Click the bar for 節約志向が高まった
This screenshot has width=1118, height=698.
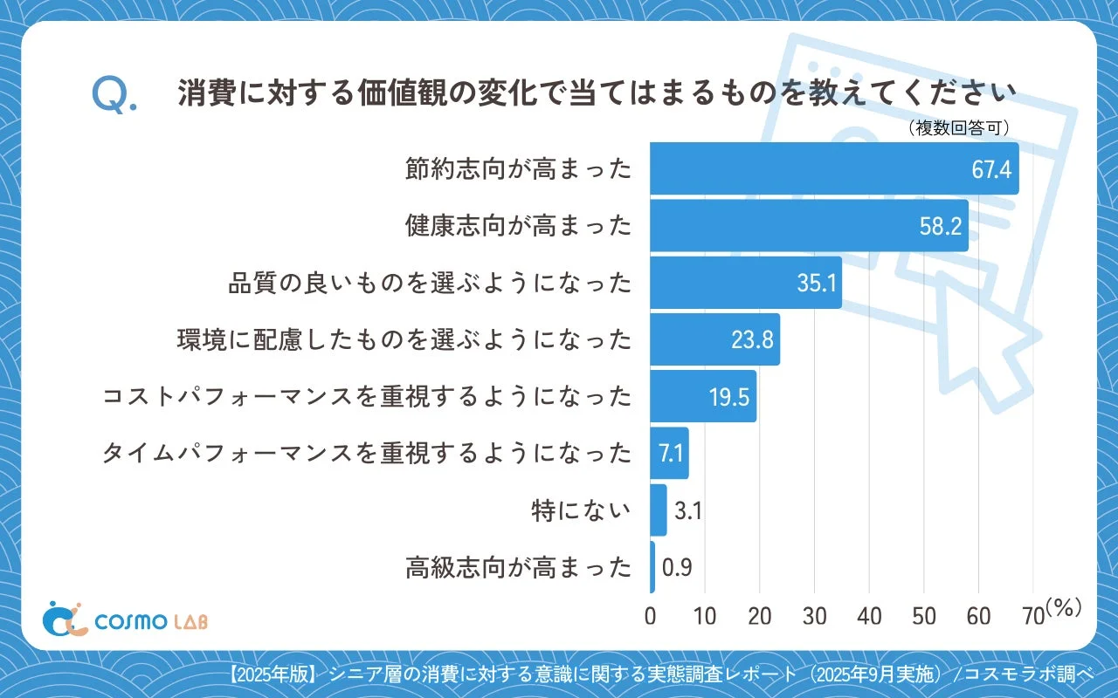tap(834, 168)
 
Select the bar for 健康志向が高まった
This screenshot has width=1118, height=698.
tap(809, 225)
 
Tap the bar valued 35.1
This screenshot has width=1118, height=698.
tap(746, 283)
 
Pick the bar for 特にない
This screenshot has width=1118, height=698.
tap(658, 510)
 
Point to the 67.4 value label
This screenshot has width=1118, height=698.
tap(991, 169)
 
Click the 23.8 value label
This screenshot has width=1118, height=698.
tap(752, 339)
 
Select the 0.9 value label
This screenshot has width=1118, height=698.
tap(678, 568)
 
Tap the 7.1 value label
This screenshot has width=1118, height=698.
tap(669, 454)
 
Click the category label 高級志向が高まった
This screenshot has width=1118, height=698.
tap(518, 568)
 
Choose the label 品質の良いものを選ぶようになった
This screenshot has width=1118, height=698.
tap(430, 283)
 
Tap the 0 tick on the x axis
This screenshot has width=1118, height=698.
tap(650, 616)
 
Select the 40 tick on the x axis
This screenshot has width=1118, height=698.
tap(869, 616)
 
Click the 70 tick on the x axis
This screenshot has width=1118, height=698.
tap(1032, 616)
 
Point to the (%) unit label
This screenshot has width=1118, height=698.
tap(1063, 609)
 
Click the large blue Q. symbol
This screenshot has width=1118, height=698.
tap(114, 95)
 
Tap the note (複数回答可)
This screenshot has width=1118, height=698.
tap(959, 127)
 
